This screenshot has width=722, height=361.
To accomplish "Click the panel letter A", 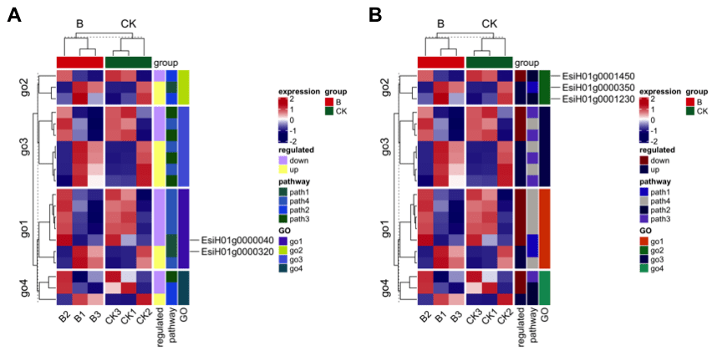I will (x=13, y=14).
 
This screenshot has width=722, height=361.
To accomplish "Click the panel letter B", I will (x=375, y=14).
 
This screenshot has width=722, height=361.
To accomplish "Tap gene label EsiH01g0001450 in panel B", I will (x=598, y=75).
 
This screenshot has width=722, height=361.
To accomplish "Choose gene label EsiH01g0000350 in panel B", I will (x=598, y=87).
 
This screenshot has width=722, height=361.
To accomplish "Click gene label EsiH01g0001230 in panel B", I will (x=598, y=99).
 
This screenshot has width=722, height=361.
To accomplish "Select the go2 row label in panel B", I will (x=384, y=87).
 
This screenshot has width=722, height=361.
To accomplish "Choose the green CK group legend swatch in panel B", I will (x=689, y=111).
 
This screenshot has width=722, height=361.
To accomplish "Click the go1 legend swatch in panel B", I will (x=643, y=241).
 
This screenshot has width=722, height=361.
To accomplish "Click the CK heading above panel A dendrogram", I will (x=128, y=23).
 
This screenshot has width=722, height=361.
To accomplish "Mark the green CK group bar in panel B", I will (x=488, y=63).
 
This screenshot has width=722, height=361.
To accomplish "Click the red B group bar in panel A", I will (x=79, y=63).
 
